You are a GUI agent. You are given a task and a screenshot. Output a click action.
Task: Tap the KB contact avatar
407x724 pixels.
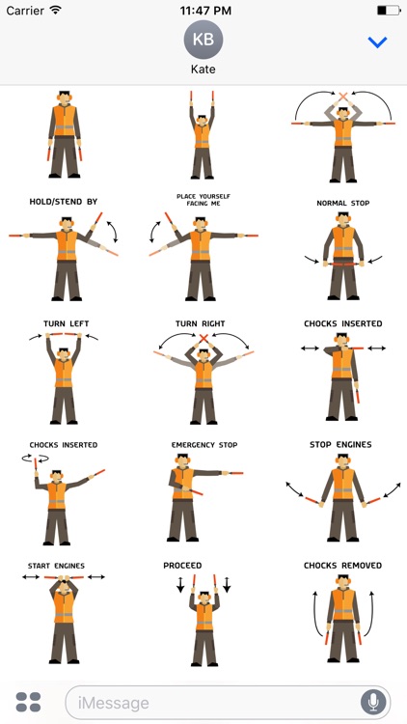(x=203, y=40)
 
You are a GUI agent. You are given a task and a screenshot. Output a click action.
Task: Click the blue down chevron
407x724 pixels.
(x=377, y=42)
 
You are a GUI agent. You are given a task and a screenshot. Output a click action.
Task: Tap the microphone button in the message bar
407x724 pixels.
(x=373, y=703)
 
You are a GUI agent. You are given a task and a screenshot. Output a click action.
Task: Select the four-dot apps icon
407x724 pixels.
(x=28, y=702)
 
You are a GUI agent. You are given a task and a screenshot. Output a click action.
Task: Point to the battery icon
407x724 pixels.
(x=389, y=11)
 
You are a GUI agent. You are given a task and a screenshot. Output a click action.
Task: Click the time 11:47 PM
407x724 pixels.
(x=204, y=11)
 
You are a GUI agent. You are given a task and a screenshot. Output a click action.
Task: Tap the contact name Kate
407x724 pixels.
(x=203, y=70)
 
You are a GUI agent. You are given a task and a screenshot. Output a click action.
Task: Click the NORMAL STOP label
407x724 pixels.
(x=342, y=203)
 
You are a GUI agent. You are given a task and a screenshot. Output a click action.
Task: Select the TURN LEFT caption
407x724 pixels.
(x=66, y=323)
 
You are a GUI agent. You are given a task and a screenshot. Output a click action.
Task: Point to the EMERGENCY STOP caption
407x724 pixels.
(x=204, y=445)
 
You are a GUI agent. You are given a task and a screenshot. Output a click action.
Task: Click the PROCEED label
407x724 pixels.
(x=182, y=566)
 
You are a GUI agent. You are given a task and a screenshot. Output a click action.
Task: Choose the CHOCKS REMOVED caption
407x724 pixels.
(x=342, y=566)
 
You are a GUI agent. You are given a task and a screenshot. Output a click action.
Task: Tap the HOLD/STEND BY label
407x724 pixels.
(x=64, y=202)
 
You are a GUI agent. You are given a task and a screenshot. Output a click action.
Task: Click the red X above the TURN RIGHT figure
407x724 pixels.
(x=203, y=338)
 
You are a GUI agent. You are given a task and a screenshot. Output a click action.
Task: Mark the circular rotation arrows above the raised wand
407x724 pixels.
(x=36, y=458)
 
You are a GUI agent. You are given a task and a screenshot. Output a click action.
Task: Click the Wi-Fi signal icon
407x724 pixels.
(x=55, y=11)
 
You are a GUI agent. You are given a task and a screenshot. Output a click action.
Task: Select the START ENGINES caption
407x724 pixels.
(x=56, y=566)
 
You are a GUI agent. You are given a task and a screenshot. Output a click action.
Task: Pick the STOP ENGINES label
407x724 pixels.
(x=340, y=445)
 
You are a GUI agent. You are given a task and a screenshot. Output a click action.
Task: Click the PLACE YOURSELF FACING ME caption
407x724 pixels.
(x=203, y=200)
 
